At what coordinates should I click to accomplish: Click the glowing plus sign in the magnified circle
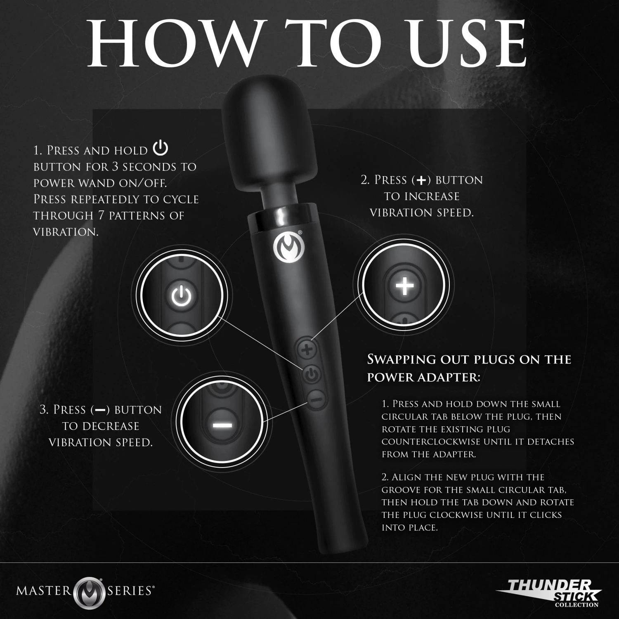(x=404, y=285)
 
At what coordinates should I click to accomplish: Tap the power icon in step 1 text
(x=161, y=149)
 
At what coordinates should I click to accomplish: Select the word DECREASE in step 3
(x=112, y=426)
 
